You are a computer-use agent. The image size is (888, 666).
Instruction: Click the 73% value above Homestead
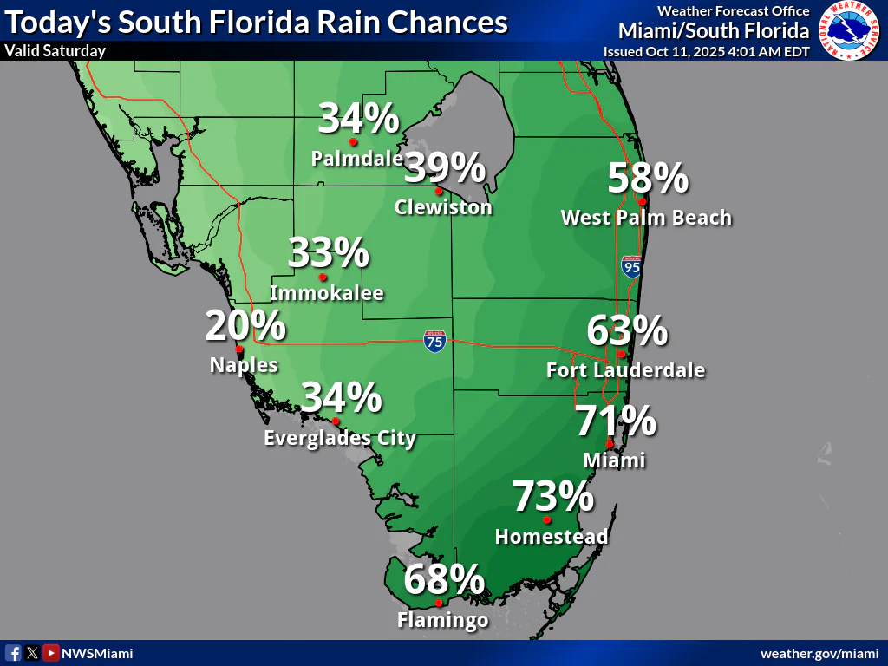click(553, 497)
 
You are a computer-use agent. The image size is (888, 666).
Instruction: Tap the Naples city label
click(244, 365)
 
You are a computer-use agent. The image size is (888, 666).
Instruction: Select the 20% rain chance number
click(245, 326)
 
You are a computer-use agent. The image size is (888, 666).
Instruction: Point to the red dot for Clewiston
click(439, 191)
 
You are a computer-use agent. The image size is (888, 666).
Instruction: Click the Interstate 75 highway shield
click(435, 341)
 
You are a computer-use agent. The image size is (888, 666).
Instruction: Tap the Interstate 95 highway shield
click(631, 267)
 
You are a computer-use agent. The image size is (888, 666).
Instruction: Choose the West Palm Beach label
click(646, 217)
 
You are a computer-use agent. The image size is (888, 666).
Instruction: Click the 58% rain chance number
click(648, 179)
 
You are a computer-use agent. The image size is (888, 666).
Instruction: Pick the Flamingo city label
click(442, 620)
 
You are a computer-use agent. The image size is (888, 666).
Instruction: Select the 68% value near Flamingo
click(443, 579)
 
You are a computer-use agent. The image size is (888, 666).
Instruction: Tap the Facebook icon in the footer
click(14, 653)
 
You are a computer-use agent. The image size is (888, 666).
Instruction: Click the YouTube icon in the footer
click(51, 653)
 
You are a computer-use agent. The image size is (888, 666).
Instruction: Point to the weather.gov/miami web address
click(819, 653)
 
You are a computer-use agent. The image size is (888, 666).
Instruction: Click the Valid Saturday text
click(55, 50)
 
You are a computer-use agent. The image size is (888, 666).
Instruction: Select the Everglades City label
click(340, 438)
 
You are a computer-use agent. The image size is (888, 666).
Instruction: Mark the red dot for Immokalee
click(323, 277)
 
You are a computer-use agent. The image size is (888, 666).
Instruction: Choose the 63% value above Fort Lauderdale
click(627, 331)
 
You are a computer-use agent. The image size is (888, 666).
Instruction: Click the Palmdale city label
click(356, 159)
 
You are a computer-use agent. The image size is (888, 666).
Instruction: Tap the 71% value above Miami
click(616, 422)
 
